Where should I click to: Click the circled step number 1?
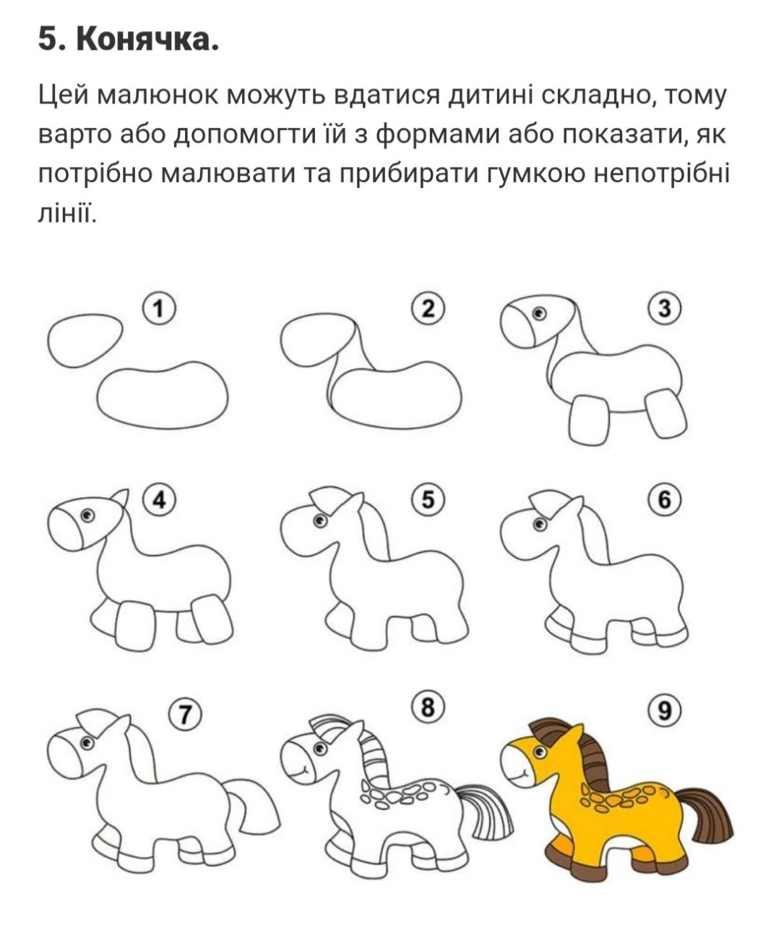point(159,309)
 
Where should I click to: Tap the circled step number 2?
point(428,309)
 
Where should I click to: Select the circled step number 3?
point(664,309)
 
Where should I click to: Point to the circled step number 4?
point(159,501)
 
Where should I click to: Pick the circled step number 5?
point(428,500)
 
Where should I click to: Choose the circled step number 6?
point(664,500)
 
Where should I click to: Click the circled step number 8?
point(428,707)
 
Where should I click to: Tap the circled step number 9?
point(664,712)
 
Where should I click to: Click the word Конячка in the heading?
point(147,40)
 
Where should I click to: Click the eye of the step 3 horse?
point(539,314)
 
